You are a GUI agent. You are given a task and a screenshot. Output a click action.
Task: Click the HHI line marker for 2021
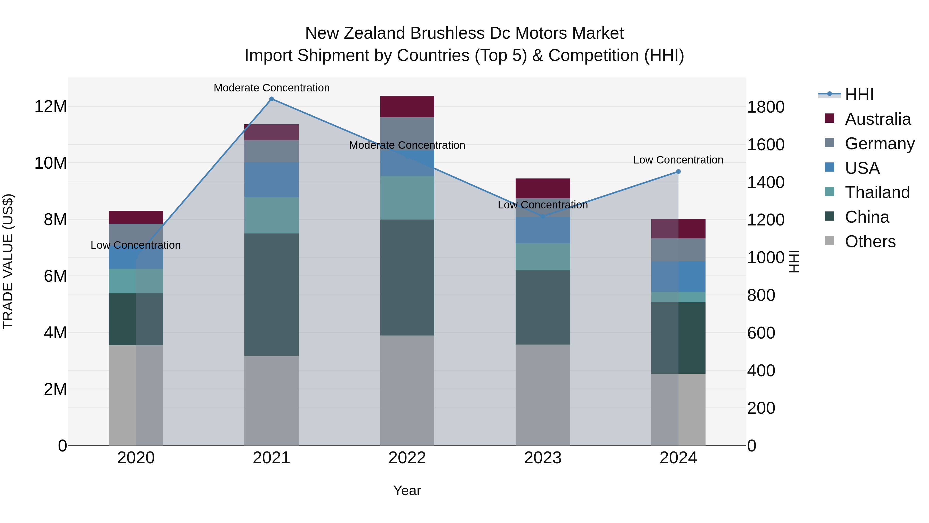tap(271, 99)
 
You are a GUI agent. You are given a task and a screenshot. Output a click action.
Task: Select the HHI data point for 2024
tap(678, 171)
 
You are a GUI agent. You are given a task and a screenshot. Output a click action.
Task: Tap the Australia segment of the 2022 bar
tap(407, 106)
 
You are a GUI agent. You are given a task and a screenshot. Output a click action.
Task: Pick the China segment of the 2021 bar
tap(271, 294)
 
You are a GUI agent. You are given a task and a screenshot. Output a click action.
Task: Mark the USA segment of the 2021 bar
tap(271, 180)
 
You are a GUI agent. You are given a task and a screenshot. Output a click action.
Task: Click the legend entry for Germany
tap(880, 144)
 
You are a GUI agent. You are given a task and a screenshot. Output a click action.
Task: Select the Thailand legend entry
tap(877, 192)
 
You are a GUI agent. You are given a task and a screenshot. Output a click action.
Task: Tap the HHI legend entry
tap(859, 95)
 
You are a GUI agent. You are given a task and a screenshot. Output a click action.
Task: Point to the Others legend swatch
tap(829, 241)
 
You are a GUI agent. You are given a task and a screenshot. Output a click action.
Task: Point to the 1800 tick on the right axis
tap(766, 107)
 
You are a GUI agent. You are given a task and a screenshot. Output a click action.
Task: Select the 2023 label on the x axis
tap(543, 458)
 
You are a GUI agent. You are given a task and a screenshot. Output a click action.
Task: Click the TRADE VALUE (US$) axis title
tap(8, 261)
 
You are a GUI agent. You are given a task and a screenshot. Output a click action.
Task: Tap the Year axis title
tap(407, 490)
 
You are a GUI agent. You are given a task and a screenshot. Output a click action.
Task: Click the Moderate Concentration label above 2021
tap(271, 88)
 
